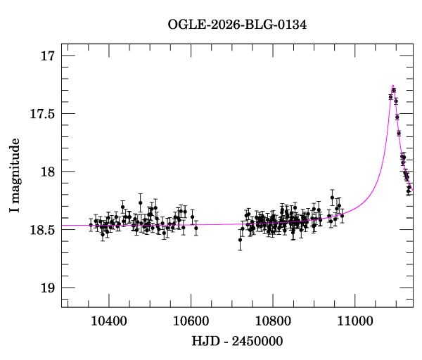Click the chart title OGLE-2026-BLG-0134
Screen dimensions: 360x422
pyautogui.click(x=237, y=25)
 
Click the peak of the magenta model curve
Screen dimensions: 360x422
pyautogui.click(x=392, y=85)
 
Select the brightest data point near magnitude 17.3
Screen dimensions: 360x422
pyautogui.click(x=394, y=90)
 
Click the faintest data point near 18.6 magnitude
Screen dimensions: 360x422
pyautogui.click(x=240, y=240)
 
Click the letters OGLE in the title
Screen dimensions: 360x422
pyautogui.click(x=185, y=25)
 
